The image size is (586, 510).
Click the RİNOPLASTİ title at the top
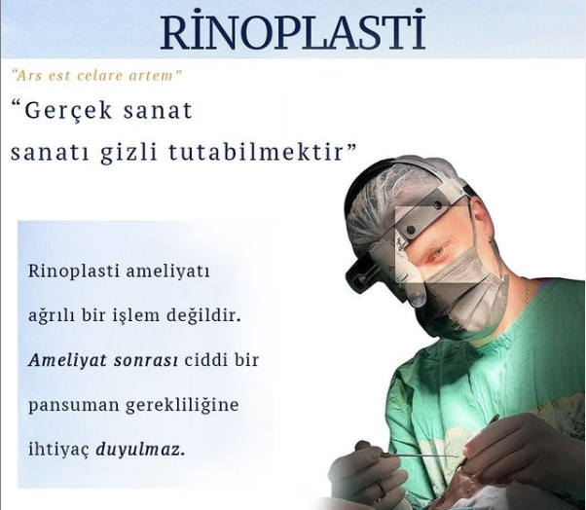pos(293,31)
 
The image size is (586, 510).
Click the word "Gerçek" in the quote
pos(68,111)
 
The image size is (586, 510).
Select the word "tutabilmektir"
pos(256,153)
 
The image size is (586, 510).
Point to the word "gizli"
pos(128,154)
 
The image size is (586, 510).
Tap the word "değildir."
pos(202,316)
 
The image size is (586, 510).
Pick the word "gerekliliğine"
pos(182,406)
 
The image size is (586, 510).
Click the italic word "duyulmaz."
pos(140,451)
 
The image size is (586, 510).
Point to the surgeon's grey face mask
pos(463,288)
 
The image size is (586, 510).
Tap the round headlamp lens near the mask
pos(417,299)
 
